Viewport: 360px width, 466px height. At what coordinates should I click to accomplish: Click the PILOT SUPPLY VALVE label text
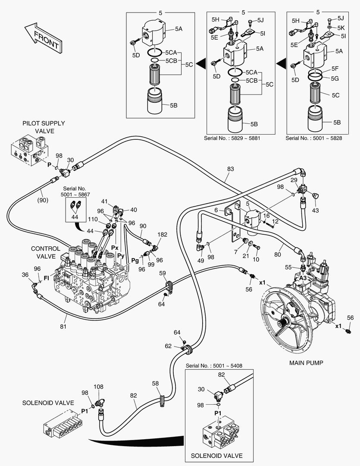[x=38, y=127]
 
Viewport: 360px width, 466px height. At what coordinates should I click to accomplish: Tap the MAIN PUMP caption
[x=306, y=363]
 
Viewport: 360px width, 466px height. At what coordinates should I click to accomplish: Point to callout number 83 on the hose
[x=230, y=169]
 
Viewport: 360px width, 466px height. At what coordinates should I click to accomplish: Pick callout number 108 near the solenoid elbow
[x=99, y=387]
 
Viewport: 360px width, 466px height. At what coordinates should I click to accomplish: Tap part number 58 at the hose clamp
[x=155, y=383]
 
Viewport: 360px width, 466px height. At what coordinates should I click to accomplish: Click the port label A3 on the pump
[x=304, y=278]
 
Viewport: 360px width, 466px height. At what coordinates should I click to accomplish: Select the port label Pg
[x=135, y=261]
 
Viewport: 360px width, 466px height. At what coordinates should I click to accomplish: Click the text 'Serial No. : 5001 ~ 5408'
[x=214, y=365]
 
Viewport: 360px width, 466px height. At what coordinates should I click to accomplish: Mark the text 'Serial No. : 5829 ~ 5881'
[x=232, y=138]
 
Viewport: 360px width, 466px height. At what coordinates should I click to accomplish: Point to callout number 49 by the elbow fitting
[x=201, y=260]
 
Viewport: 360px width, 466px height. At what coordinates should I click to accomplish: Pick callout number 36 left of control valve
[x=25, y=274]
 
